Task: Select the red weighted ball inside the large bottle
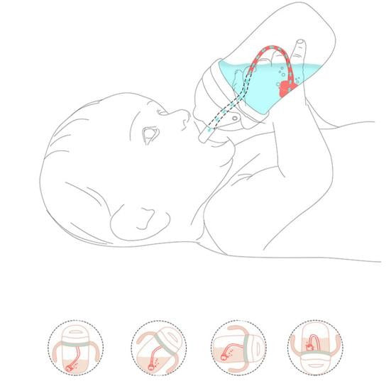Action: coord(285,89)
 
